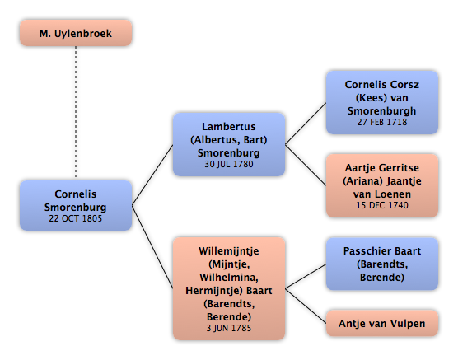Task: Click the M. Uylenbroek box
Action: pos(76,33)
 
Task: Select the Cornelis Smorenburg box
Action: pos(76,205)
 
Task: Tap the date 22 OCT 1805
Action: pos(75,218)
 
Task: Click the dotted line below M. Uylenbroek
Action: pos(76,113)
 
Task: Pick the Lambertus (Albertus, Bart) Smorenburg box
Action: pos(229,145)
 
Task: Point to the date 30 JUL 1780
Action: pos(229,164)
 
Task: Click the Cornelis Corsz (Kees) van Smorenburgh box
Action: pos(382,103)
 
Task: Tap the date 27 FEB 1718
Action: pos(382,122)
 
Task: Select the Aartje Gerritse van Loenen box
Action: pos(382,186)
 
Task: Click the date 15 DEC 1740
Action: pos(382,205)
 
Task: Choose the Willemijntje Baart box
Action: pos(229,288)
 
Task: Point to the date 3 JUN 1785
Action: pos(229,328)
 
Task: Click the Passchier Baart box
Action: pos(382,264)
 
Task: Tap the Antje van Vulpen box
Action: pos(382,323)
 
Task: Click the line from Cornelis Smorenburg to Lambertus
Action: pos(152,175)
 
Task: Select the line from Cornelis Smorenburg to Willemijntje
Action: pos(152,247)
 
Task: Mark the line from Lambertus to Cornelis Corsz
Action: pos(306,124)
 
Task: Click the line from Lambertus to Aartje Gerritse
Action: pos(306,165)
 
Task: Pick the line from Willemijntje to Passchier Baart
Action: pos(306,277)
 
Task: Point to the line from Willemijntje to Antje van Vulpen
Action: pos(306,306)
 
